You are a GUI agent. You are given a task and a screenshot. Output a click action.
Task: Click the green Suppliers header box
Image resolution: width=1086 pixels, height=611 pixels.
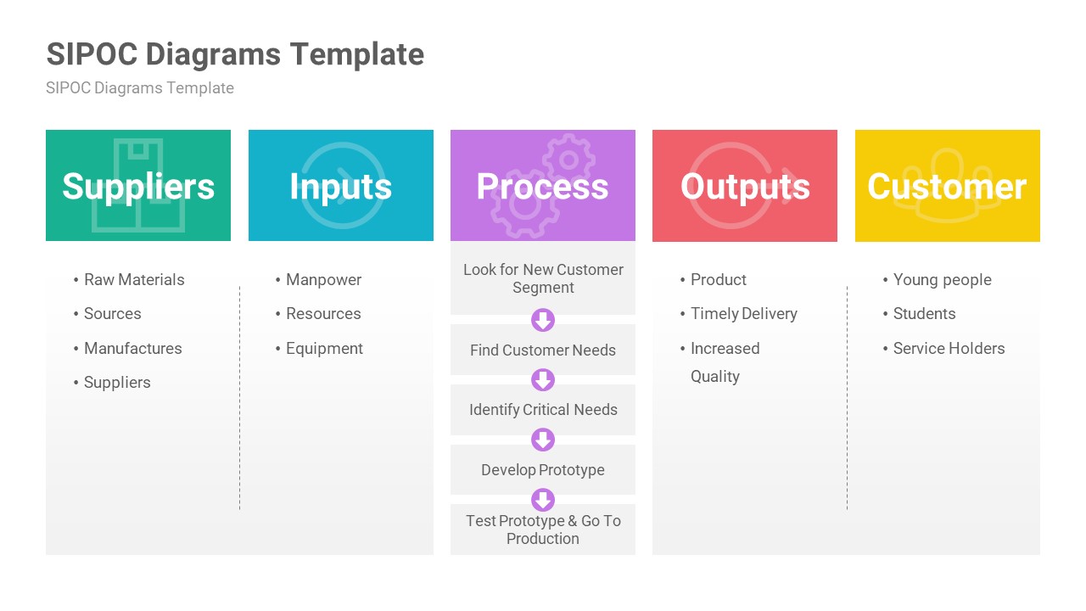click(x=138, y=186)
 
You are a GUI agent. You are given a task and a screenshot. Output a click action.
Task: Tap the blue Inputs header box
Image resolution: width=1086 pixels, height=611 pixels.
click(x=340, y=186)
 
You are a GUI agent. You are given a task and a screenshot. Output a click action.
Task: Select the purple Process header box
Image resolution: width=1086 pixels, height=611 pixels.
click(x=542, y=186)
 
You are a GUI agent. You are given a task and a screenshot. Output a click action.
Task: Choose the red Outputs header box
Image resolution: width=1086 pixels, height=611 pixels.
click(x=745, y=186)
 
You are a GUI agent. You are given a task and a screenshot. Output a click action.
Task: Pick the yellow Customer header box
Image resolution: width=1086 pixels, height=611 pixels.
click(x=947, y=186)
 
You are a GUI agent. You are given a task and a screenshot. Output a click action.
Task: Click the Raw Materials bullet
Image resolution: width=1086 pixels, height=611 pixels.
click(x=133, y=280)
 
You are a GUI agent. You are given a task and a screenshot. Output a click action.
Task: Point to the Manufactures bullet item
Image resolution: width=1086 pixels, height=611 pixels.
click(x=132, y=349)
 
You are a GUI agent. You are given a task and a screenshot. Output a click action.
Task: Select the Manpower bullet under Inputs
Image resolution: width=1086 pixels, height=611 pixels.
click(x=323, y=280)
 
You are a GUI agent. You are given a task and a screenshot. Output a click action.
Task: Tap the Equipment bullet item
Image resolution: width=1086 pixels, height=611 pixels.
click(x=324, y=349)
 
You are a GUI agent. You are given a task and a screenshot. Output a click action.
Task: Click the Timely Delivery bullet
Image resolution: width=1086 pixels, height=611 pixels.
click(x=743, y=314)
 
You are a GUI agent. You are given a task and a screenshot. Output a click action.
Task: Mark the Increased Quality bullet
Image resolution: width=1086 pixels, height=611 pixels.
click(x=724, y=362)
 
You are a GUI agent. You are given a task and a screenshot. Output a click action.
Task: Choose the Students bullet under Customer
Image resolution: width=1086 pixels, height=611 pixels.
click(x=924, y=314)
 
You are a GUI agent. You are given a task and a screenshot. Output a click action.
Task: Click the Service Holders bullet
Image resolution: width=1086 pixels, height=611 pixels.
click(x=949, y=349)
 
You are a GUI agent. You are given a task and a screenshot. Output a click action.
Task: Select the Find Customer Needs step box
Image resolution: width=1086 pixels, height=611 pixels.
click(x=543, y=350)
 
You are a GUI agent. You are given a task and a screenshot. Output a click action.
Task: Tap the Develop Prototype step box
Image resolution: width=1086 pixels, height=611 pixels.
click(x=543, y=470)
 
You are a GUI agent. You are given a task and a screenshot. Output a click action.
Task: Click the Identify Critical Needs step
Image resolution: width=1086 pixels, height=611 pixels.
click(x=543, y=410)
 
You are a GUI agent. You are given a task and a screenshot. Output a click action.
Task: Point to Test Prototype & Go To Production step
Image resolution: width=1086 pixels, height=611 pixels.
click(x=543, y=530)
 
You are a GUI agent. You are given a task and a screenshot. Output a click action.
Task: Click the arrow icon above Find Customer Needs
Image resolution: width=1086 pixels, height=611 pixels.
click(x=543, y=320)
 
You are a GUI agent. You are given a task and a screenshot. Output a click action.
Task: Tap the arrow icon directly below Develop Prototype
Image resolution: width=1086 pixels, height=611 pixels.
click(x=543, y=500)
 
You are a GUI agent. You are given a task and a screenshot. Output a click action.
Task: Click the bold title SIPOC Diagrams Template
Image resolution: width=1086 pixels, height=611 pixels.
click(x=235, y=54)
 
